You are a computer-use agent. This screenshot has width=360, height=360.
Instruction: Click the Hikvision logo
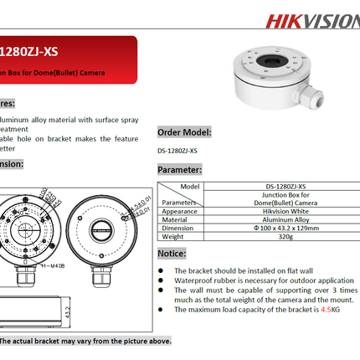(x=313, y=19)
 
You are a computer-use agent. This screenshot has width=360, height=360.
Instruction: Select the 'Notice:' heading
(x=172, y=252)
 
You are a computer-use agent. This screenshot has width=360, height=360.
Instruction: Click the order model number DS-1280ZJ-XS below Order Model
(x=177, y=151)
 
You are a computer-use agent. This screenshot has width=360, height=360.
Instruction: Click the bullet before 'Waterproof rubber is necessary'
(x=162, y=280)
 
